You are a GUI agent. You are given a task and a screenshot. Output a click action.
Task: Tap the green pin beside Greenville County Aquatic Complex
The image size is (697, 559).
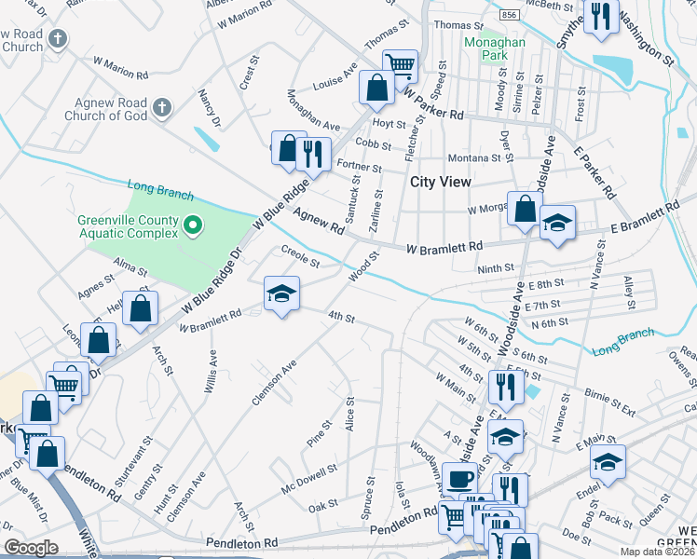tap(194, 225)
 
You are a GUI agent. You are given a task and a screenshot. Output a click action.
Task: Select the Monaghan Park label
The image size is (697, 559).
tap(495, 48)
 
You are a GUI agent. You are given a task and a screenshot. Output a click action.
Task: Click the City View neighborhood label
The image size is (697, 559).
tap(441, 182)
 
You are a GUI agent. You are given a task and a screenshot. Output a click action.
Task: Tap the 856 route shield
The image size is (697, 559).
tap(509, 16)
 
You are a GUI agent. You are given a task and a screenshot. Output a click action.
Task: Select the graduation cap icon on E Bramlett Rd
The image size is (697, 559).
tap(557, 223)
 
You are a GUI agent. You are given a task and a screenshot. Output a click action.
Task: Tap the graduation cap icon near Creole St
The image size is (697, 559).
tap(281, 294)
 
